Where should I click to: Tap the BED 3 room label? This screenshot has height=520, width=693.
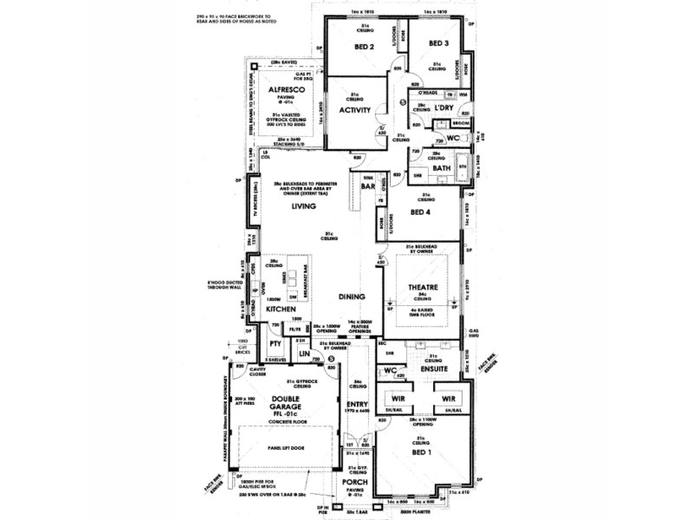441,43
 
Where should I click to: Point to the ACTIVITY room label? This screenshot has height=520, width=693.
355,110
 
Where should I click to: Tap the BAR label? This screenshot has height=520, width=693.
367,185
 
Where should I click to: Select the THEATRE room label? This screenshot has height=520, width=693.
422,288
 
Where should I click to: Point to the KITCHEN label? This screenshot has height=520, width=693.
282,309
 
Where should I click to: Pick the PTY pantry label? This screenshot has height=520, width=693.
276,344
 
